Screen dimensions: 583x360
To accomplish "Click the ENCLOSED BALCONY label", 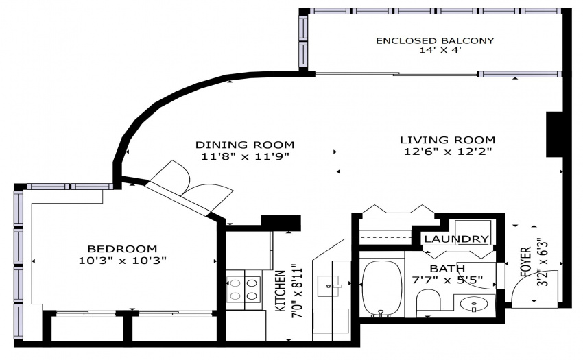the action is [435, 40].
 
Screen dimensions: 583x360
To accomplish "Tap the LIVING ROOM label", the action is [448, 140].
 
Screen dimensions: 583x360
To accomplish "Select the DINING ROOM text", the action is [245, 144].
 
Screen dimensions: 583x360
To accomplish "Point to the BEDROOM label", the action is [122, 248].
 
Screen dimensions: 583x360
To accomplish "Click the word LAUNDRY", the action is [456, 239].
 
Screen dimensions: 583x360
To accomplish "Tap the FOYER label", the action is [526, 262].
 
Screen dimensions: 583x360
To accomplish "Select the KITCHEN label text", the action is [281, 291].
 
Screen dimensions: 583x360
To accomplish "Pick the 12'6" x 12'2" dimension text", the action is [448, 152].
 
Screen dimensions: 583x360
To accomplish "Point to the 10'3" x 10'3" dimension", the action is [122, 260].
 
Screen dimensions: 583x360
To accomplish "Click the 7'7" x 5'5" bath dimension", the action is [447, 280].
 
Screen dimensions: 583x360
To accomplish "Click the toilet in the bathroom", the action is [428, 300].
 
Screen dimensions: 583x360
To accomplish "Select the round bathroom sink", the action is [474, 304].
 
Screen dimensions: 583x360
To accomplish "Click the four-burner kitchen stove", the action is [243, 289].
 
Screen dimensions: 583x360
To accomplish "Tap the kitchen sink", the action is [329, 286].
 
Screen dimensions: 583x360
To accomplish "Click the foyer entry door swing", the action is [534, 287].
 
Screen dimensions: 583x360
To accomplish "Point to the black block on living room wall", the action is [554, 134].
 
